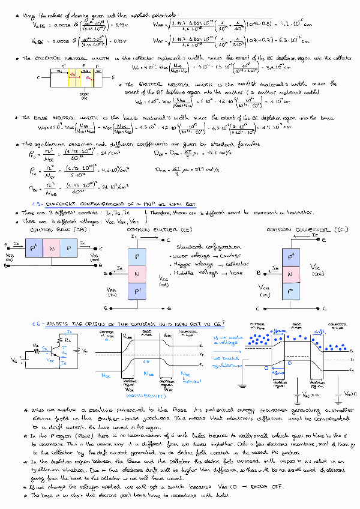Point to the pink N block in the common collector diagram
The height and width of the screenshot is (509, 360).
point(292,274)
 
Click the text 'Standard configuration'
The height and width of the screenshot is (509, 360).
point(202,247)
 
